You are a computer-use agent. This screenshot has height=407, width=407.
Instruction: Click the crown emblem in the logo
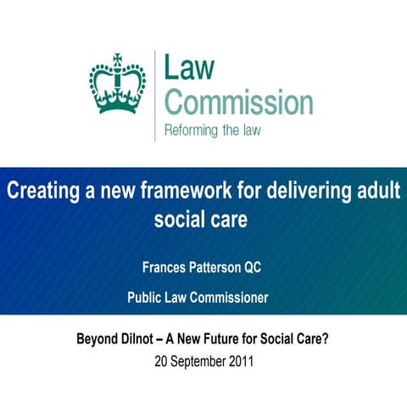pos(117,85)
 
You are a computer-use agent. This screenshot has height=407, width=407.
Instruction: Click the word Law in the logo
pos(190,69)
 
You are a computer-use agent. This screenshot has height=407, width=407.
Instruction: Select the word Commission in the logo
pos(238,102)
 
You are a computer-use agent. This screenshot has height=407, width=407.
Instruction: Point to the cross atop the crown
pos(117,59)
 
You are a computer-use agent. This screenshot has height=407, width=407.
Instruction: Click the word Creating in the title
pos(42,189)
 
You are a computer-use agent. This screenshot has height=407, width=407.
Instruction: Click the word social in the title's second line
pos(180,220)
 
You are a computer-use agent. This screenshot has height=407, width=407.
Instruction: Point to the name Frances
pos(168,268)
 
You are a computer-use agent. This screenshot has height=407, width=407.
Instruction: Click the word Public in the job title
pos(146,298)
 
